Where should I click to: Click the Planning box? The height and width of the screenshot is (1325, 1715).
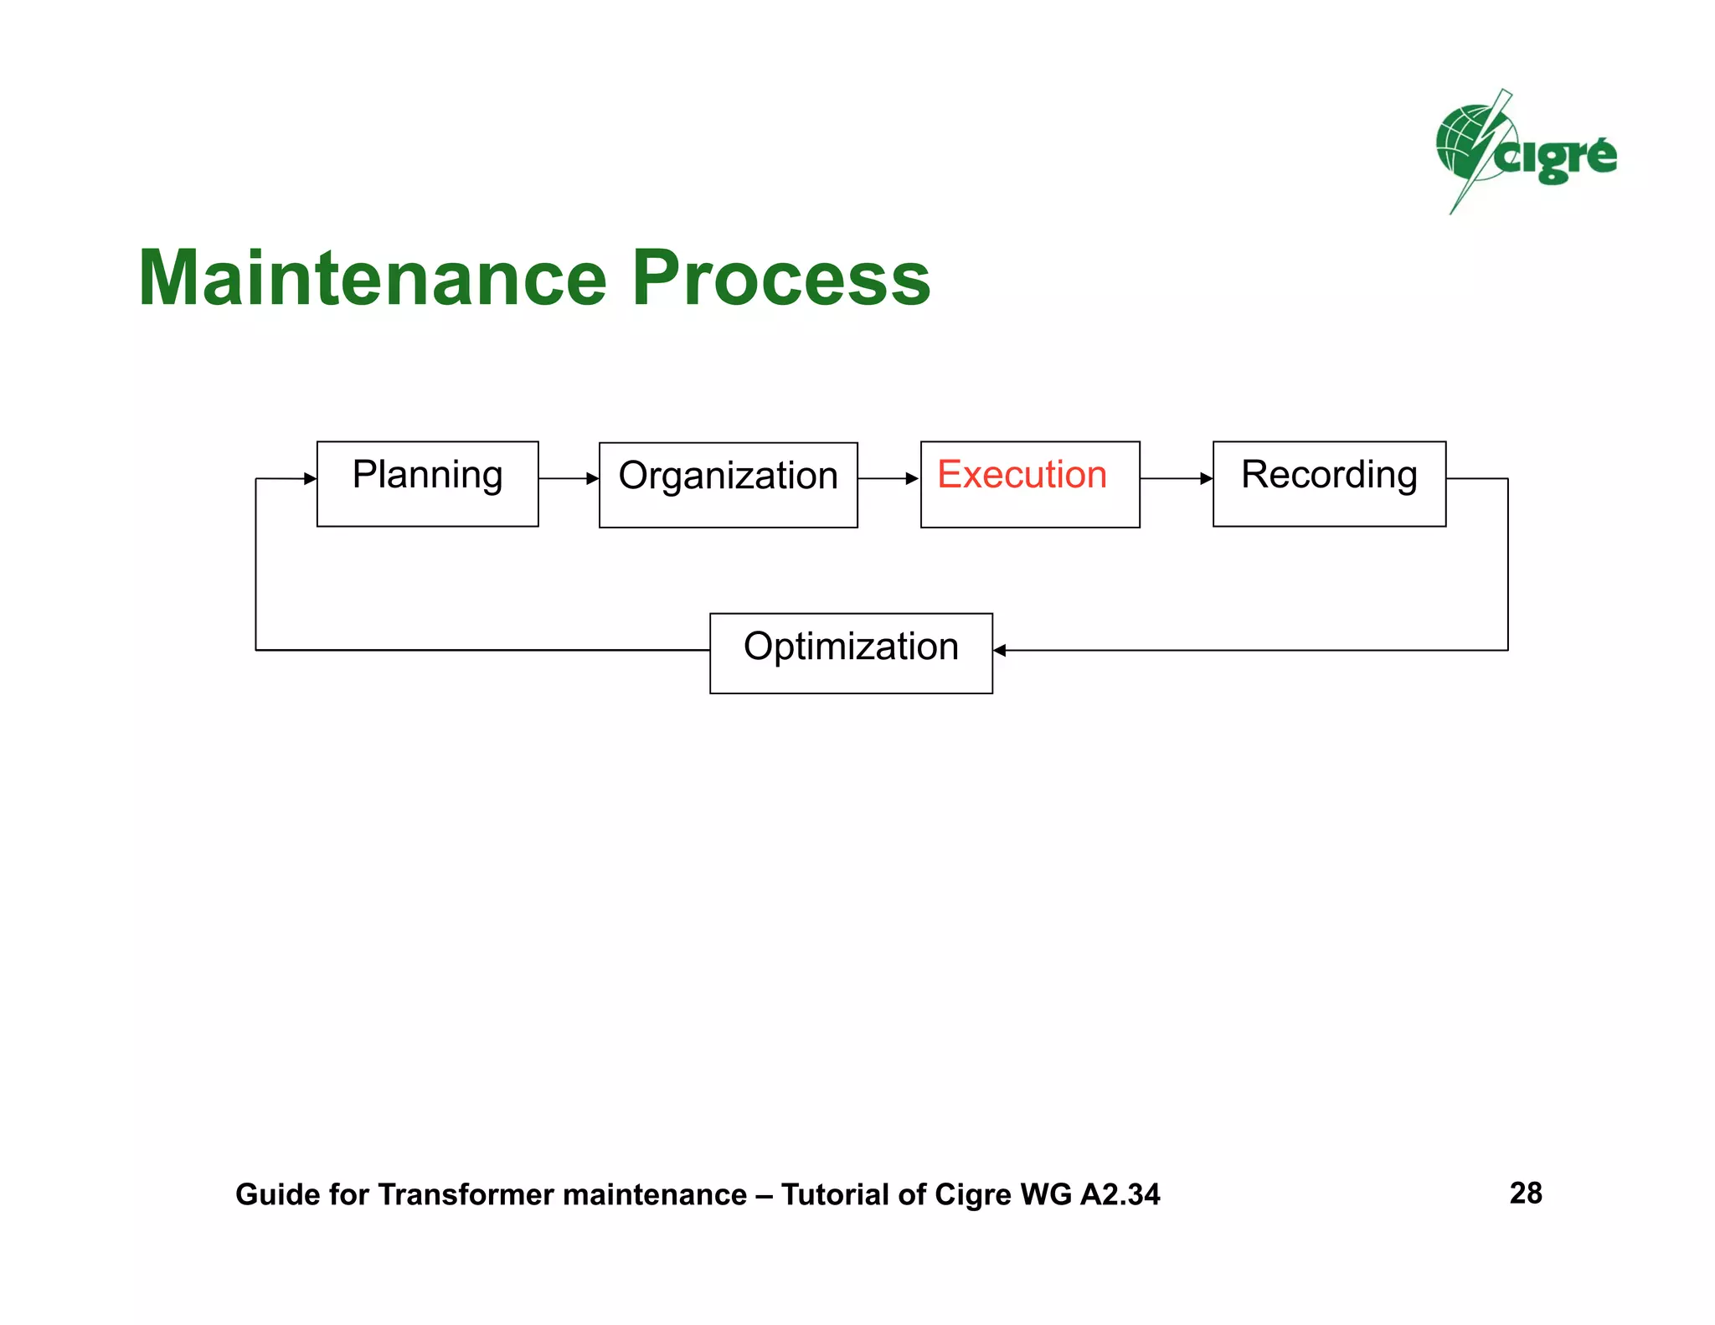[x=427, y=483]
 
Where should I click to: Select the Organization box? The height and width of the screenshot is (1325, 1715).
[x=728, y=484]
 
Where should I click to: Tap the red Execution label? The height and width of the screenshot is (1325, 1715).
[x=1022, y=474]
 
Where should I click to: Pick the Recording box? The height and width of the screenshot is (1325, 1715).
[x=1329, y=483]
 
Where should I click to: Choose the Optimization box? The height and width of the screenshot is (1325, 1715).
[x=851, y=652]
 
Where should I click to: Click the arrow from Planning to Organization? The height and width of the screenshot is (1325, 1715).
[x=569, y=478]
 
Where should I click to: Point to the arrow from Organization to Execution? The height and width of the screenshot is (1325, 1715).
[x=888, y=478]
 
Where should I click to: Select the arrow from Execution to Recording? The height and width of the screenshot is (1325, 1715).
[x=1176, y=478]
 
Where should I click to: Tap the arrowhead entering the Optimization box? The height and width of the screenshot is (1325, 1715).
[x=1000, y=650]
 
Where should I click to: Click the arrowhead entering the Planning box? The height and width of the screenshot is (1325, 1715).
[x=310, y=478]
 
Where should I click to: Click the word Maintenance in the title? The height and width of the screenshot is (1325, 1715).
[x=372, y=278]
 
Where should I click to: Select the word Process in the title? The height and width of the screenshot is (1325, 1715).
[x=780, y=278]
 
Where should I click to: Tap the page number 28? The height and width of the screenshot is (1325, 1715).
[x=1525, y=1193]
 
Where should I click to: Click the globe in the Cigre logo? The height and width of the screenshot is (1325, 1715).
[x=1461, y=142]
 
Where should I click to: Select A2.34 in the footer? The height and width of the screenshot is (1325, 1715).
[x=1120, y=1194]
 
